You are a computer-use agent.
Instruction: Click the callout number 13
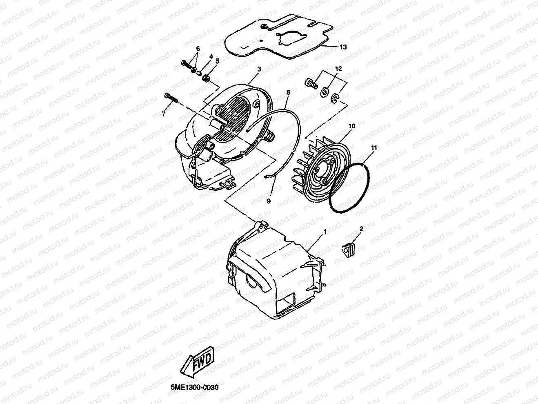343,47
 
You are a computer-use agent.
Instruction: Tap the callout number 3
259,69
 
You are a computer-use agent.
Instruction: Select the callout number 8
288,92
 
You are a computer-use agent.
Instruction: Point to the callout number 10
352,126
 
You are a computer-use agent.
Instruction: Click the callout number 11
374,147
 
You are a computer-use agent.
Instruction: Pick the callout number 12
338,69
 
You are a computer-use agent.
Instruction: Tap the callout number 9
269,201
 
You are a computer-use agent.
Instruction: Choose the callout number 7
163,114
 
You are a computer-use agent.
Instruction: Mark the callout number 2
361,229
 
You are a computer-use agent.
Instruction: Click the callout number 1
325,232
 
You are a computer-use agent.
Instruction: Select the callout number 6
198,49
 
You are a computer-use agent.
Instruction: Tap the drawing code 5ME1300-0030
194,387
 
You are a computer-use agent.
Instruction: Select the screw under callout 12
311,83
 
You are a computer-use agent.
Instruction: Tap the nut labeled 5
207,78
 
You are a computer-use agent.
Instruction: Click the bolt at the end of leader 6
187,64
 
